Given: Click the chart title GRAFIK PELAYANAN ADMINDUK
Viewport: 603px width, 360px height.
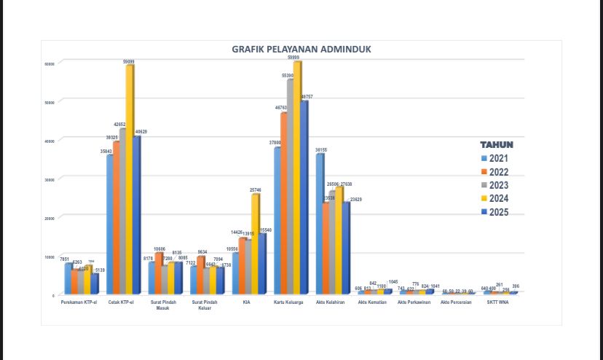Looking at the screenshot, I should coord(301,50).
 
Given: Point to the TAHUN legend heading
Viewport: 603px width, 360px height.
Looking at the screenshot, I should coord(497,144).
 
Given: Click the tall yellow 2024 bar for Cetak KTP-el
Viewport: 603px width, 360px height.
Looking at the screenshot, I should coord(130,179).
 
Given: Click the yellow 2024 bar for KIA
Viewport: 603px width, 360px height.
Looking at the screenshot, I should coord(255,243).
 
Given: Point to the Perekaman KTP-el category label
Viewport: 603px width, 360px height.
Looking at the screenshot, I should coord(80,302).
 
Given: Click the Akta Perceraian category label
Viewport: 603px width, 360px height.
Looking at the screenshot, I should coord(457,302).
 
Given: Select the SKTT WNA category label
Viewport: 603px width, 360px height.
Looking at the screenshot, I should coord(498,302).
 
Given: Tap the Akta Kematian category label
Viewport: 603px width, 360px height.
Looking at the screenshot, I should coord(373,302).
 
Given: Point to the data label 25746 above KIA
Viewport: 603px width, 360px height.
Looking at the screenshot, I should coord(256,189).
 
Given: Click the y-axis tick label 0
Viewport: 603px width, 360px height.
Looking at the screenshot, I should coord(52,295).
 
